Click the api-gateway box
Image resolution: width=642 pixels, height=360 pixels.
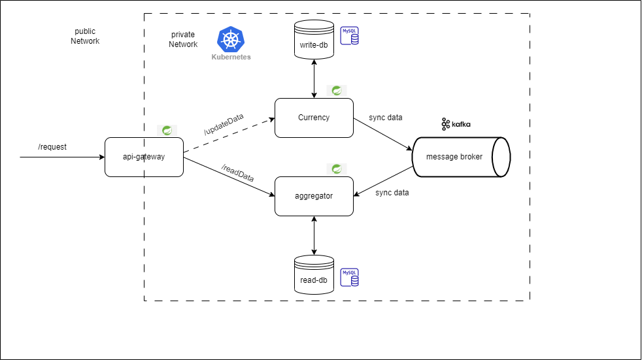tap(144, 157)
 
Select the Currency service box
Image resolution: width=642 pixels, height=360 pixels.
tap(314, 118)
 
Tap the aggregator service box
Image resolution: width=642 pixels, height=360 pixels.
tap(314, 196)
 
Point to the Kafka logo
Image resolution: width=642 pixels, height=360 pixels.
tap(456, 123)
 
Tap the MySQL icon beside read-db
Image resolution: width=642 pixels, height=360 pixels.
tap(350, 277)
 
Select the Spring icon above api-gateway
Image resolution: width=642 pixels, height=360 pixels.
tap(167, 130)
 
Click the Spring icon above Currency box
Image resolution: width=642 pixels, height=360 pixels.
tap(337, 90)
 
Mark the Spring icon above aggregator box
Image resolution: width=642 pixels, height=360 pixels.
tap(337, 169)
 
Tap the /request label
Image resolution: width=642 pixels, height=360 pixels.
tap(52, 147)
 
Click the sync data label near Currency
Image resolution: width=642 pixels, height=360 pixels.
tap(386, 118)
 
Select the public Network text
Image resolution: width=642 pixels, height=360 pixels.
tap(85, 36)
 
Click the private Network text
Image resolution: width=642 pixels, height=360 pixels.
tap(183, 39)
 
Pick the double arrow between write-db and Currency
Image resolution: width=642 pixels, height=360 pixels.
tap(314, 78)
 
